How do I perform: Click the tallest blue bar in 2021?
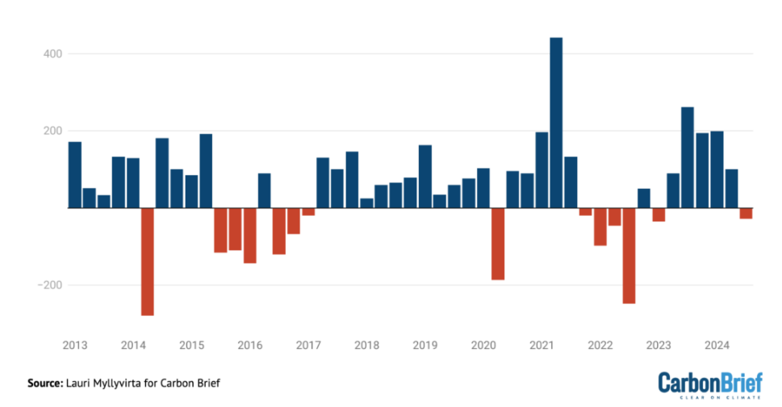[x=556, y=123]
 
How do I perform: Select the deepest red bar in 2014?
[x=148, y=262]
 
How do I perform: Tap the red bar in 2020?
[x=498, y=244]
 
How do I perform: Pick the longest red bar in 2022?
[x=629, y=256]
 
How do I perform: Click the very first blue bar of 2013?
[x=75, y=175]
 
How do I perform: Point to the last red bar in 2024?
[x=746, y=213]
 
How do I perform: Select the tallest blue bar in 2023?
[x=688, y=157]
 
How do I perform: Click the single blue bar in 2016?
[x=265, y=191]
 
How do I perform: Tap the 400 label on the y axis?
[x=53, y=54]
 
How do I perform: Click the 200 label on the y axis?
[x=53, y=131]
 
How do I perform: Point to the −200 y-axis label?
[x=50, y=285]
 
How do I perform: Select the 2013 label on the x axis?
[x=75, y=345]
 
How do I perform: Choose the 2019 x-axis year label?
[x=425, y=345]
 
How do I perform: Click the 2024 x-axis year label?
[x=717, y=345]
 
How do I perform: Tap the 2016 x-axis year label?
[x=250, y=345]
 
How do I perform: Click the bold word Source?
[x=45, y=383]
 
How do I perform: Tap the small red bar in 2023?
[x=659, y=215]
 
